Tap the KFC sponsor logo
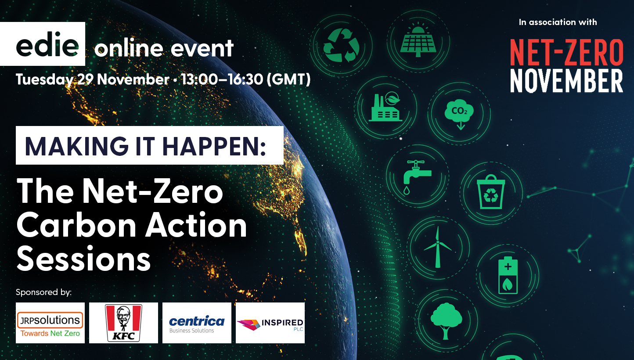[x=123, y=323]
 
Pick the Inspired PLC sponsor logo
[x=270, y=323]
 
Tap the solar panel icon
[x=418, y=40]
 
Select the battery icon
[x=508, y=275]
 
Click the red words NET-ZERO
[x=566, y=52]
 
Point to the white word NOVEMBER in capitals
[x=566, y=80]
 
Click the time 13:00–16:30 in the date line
[x=222, y=80]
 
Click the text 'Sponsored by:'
[x=43, y=292]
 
